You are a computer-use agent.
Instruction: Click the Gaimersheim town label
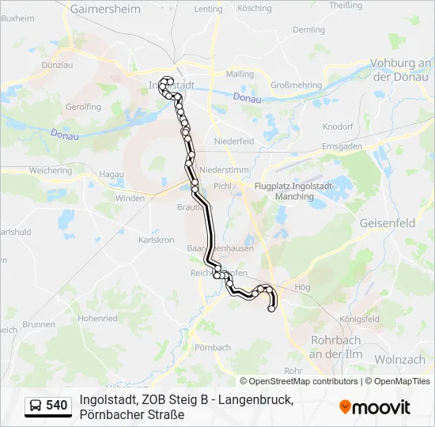pos(105,9)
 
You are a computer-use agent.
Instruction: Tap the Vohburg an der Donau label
pos(403,70)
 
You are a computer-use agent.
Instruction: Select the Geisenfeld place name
pos(387,224)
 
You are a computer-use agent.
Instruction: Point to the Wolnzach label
pos(399,360)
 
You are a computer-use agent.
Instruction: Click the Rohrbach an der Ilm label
pos(335,348)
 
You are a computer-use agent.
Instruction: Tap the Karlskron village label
pos(156,240)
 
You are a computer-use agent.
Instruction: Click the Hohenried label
pos(98,319)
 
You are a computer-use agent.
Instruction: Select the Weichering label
pos(50,171)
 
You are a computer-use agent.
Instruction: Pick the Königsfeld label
pos(360,319)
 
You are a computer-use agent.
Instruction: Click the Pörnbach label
pos(212,347)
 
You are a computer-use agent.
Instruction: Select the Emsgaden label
pos(342,147)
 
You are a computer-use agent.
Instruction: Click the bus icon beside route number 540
pos(36,406)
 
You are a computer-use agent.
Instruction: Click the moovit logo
pos(375,407)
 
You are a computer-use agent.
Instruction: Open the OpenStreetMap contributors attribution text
pos(299,381)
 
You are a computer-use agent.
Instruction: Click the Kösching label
pos(254,9)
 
